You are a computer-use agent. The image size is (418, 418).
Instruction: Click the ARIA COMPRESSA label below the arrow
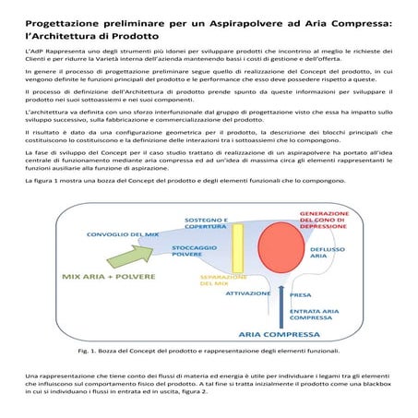(x=276, y=334)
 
